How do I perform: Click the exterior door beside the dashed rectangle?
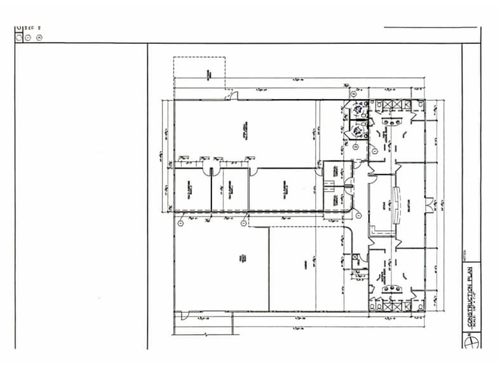pyautogui.click(x=233, y=96)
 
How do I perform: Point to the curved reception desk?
pyautogui.click(x=398, y=206)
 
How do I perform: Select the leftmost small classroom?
pyautogui.click(x=192, y=189)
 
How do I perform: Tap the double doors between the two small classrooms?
pyautogui.click(x=211, y=170)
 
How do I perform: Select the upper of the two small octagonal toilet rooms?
pyautogui.click(x=358, y=108)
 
